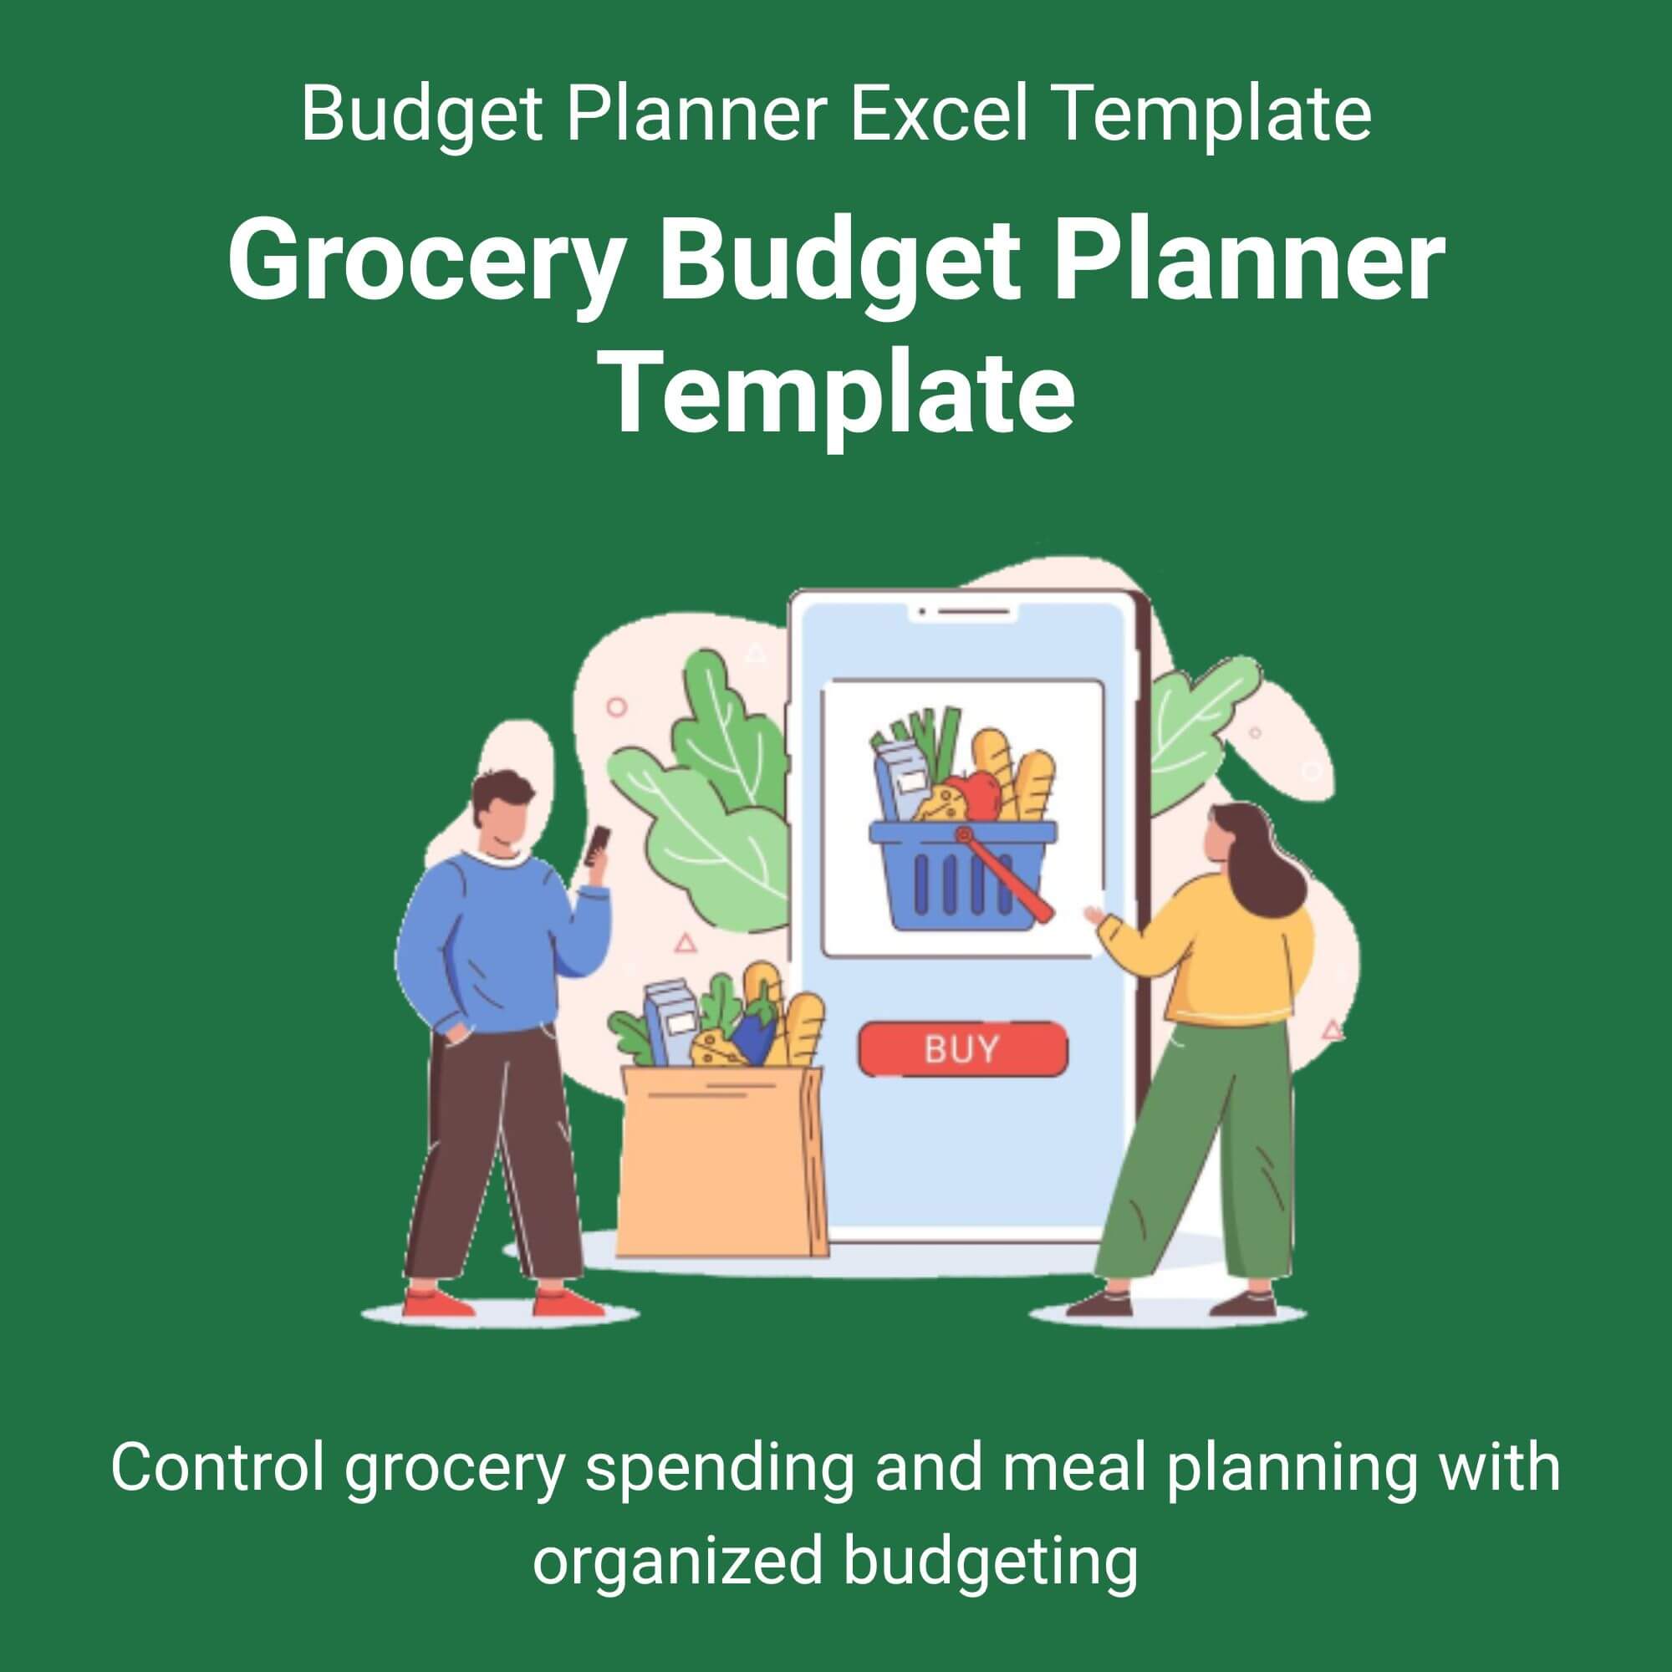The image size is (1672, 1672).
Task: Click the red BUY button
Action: pos(962,1049)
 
